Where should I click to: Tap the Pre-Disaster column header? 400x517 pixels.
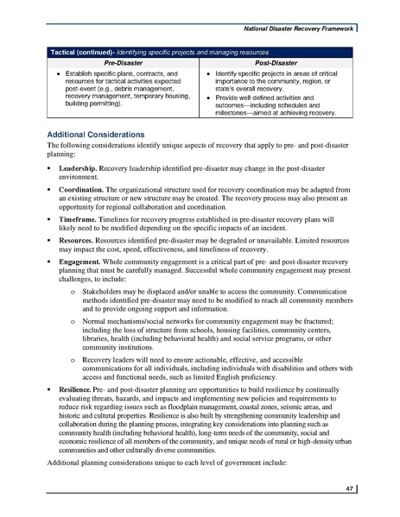(x=124, y=64)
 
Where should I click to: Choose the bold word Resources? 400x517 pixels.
(x=78, y=244)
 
